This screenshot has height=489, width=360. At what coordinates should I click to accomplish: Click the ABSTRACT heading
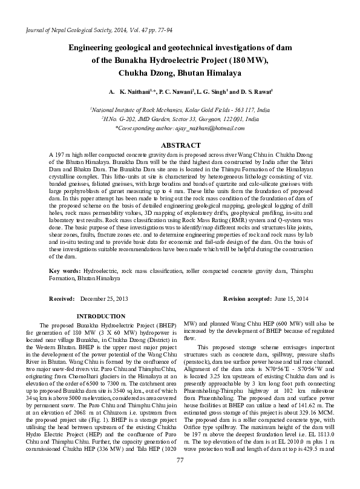[x=180, y=146]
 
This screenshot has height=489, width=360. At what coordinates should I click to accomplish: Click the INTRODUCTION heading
[x=101, y=316]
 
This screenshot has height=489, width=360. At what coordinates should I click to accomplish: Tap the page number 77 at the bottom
[x=180, y=478]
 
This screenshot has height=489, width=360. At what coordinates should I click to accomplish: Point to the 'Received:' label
[x=62, y=300]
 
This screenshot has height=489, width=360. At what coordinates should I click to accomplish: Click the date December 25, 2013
[x=103, y=300]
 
